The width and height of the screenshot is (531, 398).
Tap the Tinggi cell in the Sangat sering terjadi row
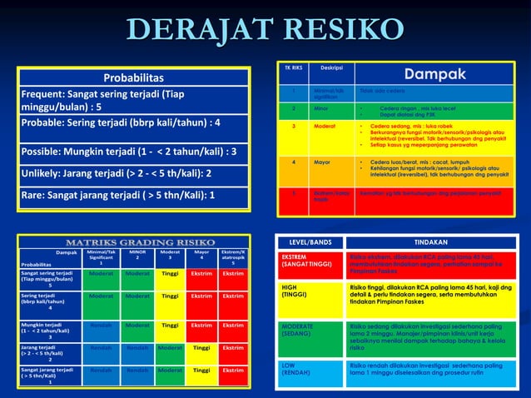[x=170, y=273]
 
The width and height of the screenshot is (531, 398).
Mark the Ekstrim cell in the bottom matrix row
[x=233, y=370]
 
